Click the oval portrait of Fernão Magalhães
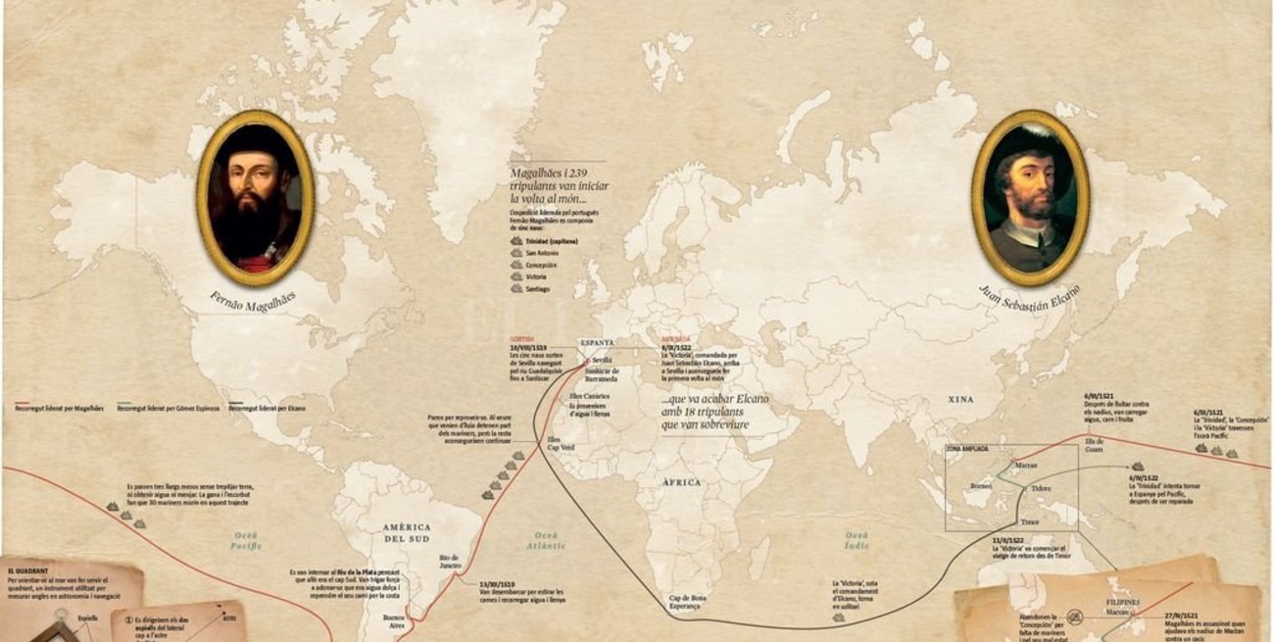click(x=255, y=197)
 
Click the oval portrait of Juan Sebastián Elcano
click(x=1029, y=197)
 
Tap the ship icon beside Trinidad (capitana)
click(x=516, y=239)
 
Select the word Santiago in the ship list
click(x=538, y=289)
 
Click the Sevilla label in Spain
click(x=603, y=360)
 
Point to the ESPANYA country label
click(x=597, y=342)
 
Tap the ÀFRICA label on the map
click(x=681, y=482)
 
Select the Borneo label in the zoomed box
click(x=981, y=485)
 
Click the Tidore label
click(x=1041, y=487)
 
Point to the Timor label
click(x=1029, y=522)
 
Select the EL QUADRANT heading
click(x=29, y=568)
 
